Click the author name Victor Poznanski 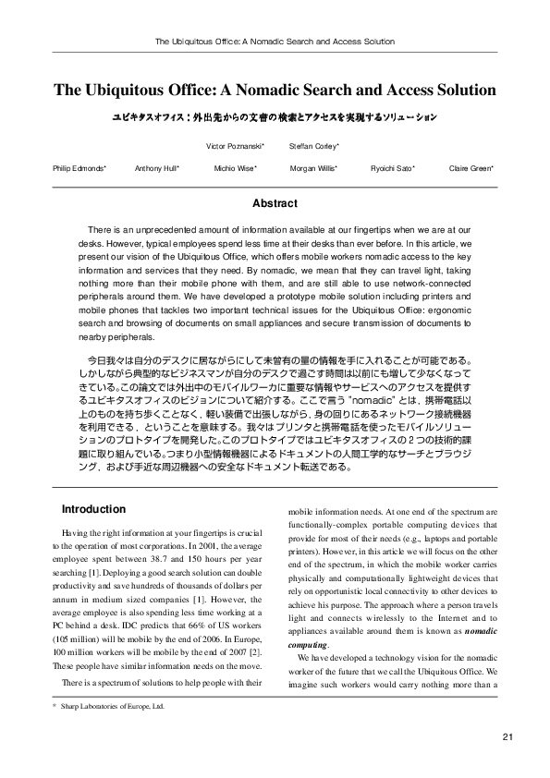pos(235,146)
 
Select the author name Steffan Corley pos(314,146)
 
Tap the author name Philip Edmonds pos(79,168)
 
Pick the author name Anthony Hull pos(157,168)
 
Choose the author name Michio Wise pos(235,168)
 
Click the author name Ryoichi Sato pos(391,168)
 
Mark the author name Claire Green pos(471,168)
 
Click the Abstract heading pos(275,203)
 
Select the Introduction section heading pos(93,509)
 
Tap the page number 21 pos(507,736)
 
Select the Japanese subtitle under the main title pos(275,118)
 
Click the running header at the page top pos(275,42)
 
